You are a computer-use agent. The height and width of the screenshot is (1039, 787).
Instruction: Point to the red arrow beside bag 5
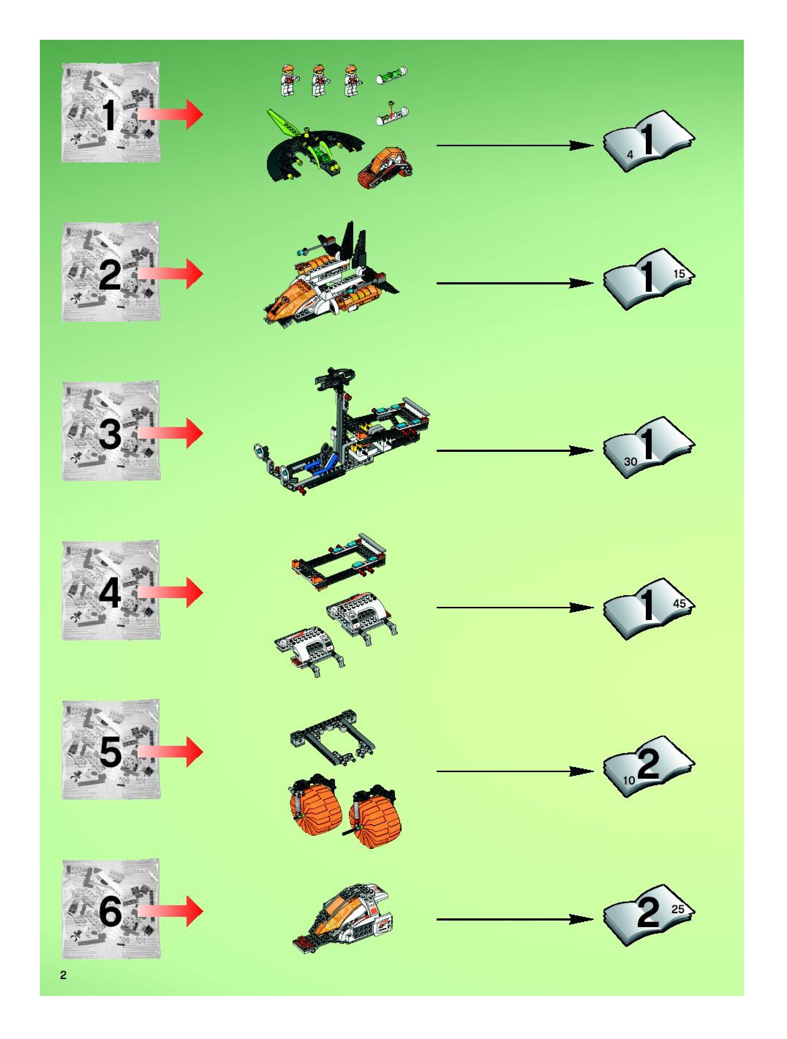172,752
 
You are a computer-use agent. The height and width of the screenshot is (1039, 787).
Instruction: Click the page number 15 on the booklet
679,274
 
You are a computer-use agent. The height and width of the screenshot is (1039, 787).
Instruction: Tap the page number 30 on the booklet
630,461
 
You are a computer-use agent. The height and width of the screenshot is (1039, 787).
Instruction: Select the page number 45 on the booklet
679,603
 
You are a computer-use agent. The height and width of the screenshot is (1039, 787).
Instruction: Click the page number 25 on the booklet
678,909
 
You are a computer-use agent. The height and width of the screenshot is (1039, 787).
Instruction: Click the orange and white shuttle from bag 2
329,282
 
